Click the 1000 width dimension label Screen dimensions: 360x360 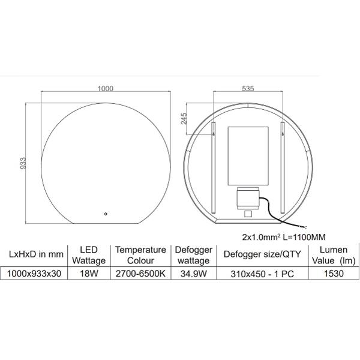[106, 89]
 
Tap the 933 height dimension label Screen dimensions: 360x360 [23, 163]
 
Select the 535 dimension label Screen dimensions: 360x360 [248, 88]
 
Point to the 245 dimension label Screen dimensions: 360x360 [184, 118]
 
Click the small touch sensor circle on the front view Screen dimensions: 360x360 [106, 214]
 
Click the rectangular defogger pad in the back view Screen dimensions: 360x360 [248, 156]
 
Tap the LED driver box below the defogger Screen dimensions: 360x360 [248, 199]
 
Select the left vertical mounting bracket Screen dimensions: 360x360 [214, 167]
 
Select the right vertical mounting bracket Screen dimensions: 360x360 [283, 167]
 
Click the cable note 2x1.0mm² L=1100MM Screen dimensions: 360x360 [284, 237]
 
